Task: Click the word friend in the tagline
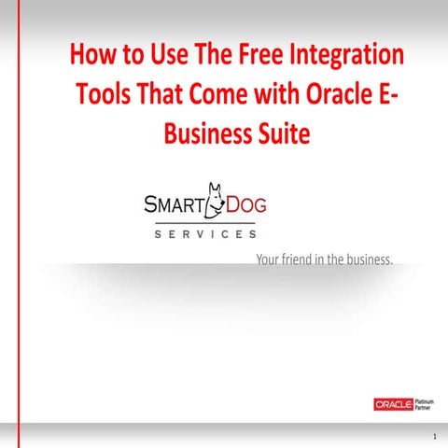(300, 258)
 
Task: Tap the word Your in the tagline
(269, 258)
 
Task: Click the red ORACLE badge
(393, 404)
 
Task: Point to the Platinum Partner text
(425, 404)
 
